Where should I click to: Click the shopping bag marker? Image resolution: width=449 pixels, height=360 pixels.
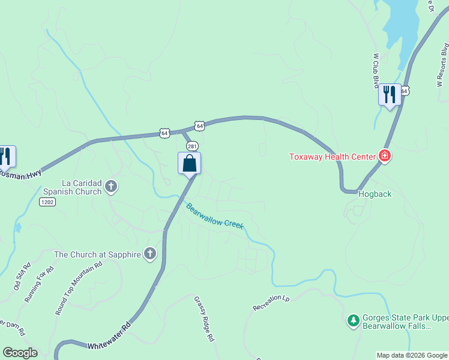click(189, 163)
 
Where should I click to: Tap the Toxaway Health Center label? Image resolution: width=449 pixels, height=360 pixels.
click(332, 157)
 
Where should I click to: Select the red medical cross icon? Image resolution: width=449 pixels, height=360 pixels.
click(385, 157)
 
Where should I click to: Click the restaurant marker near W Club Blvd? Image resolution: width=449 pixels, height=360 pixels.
click(390, 94)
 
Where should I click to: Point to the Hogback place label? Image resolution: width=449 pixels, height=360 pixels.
click(375, 194)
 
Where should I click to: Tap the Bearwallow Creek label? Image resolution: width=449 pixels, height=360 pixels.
click(214, 216)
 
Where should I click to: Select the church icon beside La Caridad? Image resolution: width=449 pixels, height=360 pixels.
click(110, 187)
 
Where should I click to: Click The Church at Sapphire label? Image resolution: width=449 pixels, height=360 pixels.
click(97, 254)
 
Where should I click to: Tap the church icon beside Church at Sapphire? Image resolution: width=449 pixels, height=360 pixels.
click(150, 254)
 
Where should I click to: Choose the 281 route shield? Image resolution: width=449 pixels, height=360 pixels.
click(192, 146)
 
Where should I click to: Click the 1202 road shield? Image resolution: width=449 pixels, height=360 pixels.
click(47, 203)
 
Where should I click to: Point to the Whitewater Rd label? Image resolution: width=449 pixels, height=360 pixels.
click(109, 337)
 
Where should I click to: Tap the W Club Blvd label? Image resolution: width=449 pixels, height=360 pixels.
click(376, 70)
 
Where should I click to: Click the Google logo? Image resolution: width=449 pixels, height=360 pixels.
click(20, 353)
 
